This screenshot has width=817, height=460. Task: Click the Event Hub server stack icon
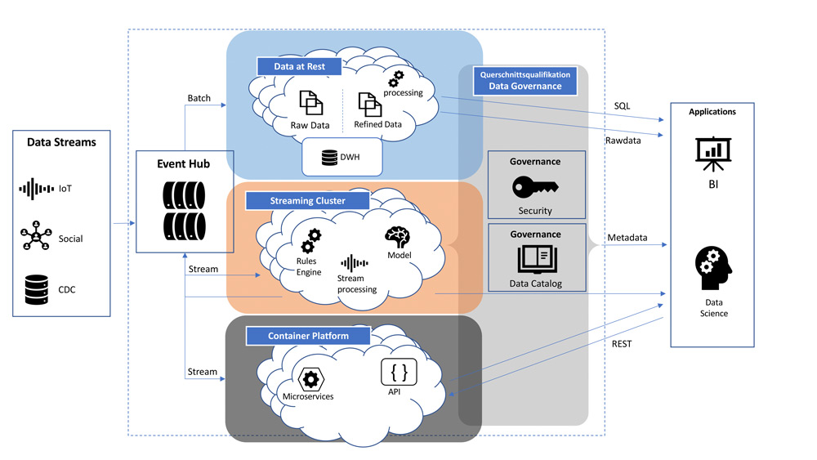[x=184, y=208]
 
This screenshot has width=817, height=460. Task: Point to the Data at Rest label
[x=299, y=66]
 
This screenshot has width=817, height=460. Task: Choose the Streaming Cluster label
[x=307, y=200]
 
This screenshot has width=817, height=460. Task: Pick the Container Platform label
[x=308, y=335]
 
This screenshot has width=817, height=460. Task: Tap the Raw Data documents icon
[x=310, y=104]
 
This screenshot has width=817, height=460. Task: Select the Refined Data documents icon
[x=368, y=104]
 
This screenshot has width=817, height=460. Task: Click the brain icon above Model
[x=398, y=238]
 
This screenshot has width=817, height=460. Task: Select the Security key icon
[x=535, y=188]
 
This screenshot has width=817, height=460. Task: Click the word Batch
[x=199, y=98]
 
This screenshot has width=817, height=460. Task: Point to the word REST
[x=622, y=344]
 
